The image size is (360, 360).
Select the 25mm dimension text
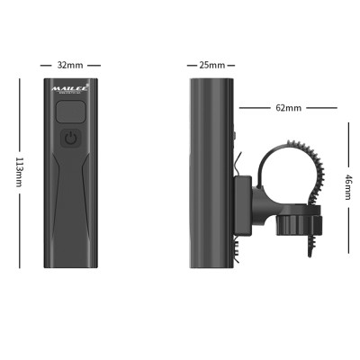[211, 66]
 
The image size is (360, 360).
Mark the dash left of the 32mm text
[45, 66]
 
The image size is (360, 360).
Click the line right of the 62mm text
[321, 107]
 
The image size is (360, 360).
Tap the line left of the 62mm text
[256, 107]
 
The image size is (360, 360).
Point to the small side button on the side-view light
[233, 136]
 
